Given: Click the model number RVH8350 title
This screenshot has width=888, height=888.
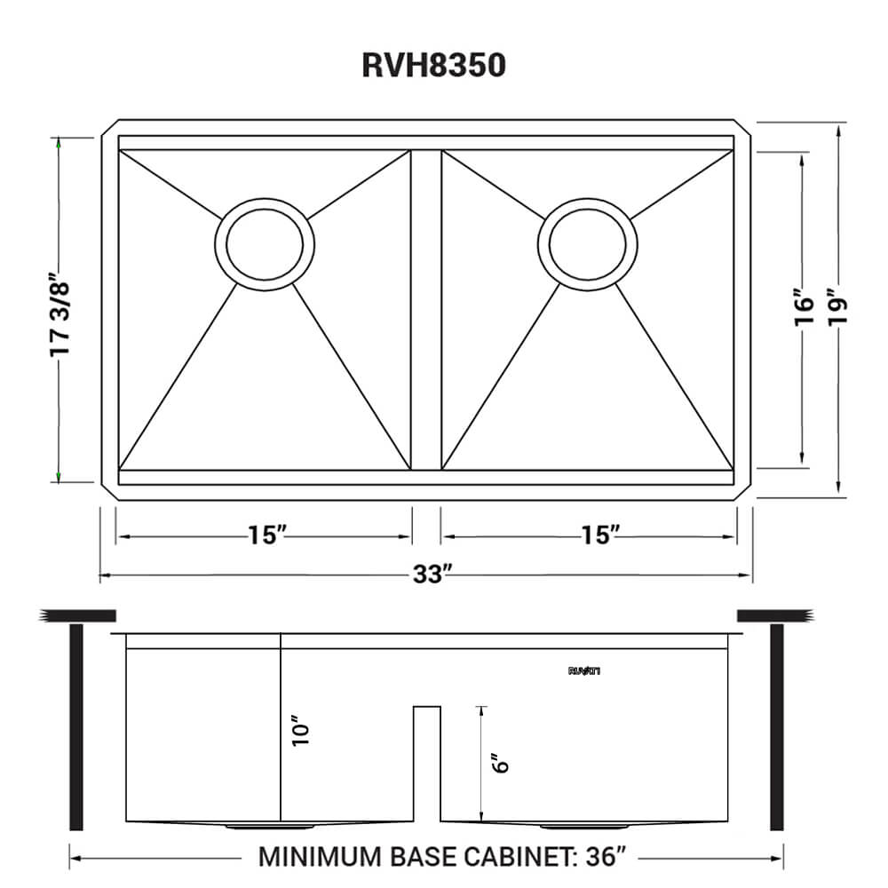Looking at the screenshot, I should click(x=434, y=66).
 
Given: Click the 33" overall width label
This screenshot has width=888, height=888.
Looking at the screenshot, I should click(x=427, y=575).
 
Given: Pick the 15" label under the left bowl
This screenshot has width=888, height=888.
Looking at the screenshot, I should click(x=266, y=535).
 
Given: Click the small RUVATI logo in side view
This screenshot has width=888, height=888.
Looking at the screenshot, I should click(x=585, y=671).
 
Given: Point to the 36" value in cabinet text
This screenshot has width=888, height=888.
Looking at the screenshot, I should click(x=607, y=857).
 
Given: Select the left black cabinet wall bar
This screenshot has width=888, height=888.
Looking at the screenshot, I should click(x=76, y=728).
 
